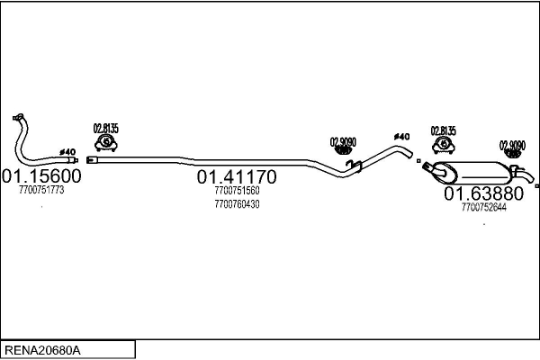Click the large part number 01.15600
point(41,175)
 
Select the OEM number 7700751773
point(41,190)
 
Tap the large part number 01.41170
point(237,176)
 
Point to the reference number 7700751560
point(237,191)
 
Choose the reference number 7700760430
point(237,204)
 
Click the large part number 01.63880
point(483,193)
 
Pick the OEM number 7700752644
point(484,207)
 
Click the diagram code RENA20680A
point(42,350)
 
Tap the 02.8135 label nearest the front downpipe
point(105,129)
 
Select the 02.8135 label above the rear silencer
point(443,130)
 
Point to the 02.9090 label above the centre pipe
point(343,142)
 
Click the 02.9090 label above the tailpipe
point(512,146)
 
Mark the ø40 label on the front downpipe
point(67,152)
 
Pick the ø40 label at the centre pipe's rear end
point(401,137)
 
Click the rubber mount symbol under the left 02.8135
point(106,143)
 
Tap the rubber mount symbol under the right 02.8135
point(444,146)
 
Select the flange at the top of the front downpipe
point(18,117)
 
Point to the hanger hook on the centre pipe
point(354,166)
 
